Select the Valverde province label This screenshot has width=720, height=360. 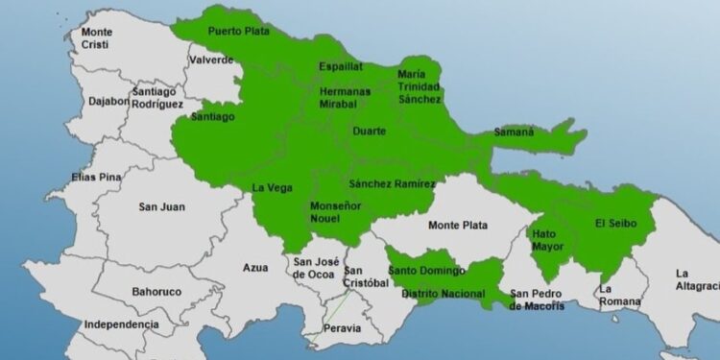212,60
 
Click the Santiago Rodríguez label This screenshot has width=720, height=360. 158,97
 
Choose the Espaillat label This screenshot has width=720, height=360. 342,67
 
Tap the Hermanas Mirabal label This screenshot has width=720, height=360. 345,97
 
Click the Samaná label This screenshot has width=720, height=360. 515,132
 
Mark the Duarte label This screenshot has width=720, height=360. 370,131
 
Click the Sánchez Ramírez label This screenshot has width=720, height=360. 393,183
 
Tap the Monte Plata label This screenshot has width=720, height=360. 458,226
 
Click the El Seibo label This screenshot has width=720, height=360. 614,224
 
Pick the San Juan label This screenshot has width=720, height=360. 162,206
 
